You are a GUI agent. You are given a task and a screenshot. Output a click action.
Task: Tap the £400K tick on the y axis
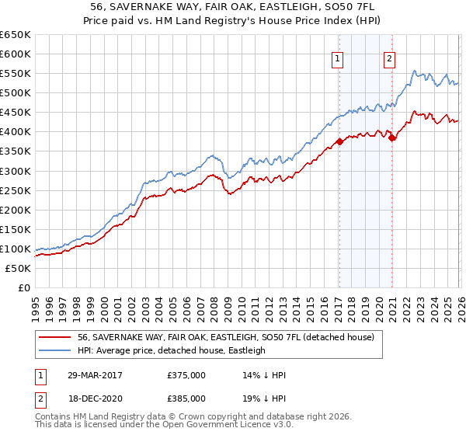(15, 132)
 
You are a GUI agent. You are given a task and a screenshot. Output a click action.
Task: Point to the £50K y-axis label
(18, 268)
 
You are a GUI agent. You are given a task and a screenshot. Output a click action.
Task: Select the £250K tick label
(15, 190)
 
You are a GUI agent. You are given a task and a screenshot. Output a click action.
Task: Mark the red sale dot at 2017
(339, 141)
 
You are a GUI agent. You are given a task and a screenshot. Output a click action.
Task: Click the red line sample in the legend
(55, 338)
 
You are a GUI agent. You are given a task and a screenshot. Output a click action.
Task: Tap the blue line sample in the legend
(55, 351)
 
